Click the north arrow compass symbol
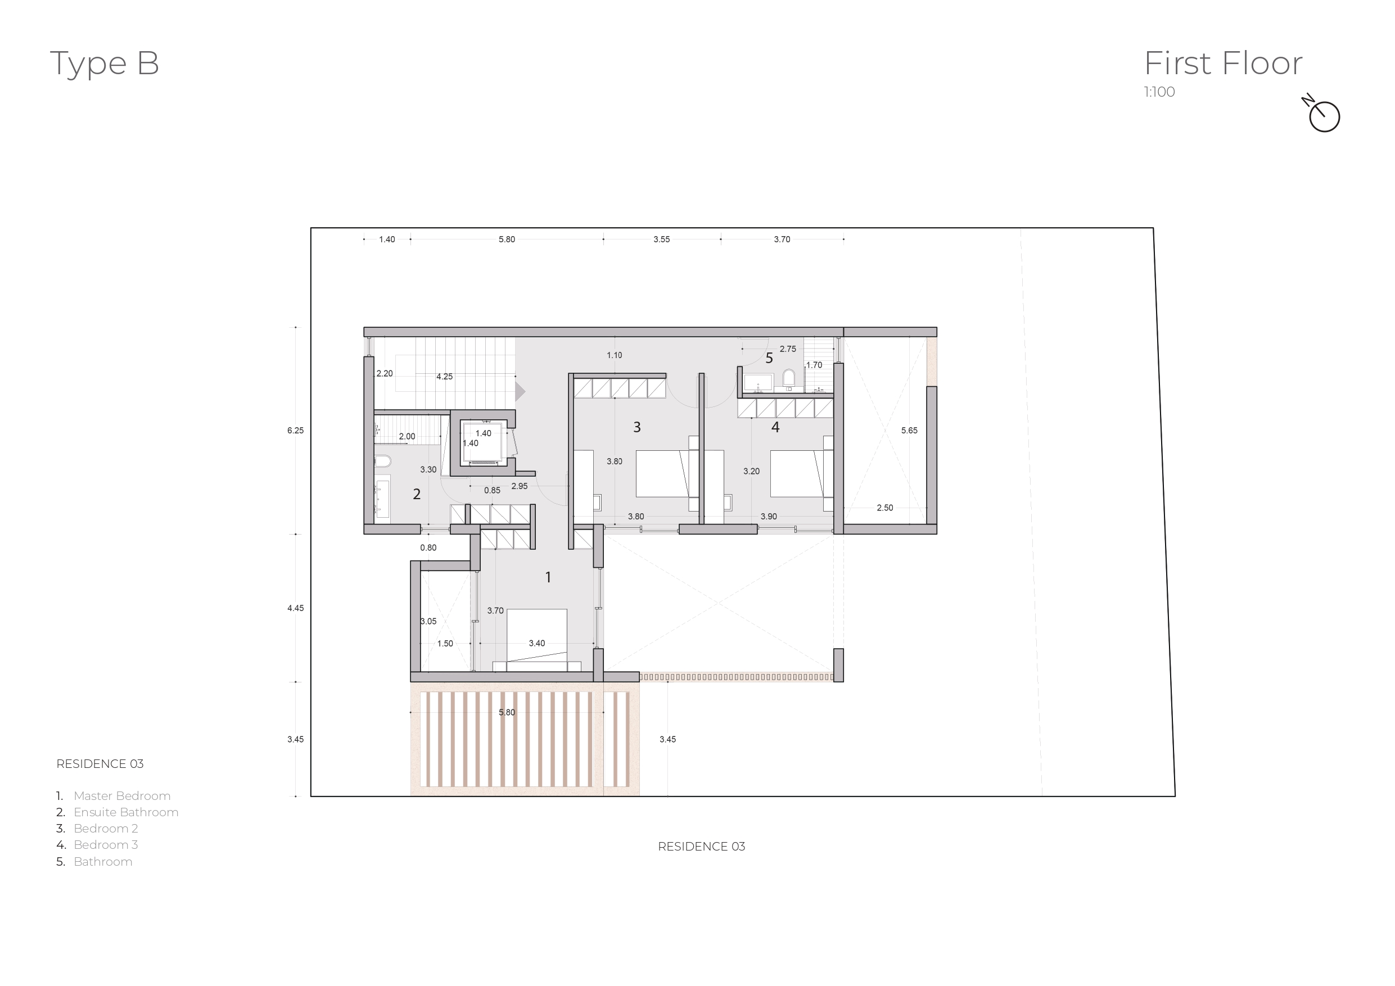[1323, 115]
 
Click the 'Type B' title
[105, 63]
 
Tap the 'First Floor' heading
[1222, 63]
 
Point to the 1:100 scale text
[1159, 92]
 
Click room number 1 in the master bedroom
[548, 577]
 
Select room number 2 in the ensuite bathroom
[417, 494]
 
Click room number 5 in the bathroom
[769, 359]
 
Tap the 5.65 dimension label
[909, 430]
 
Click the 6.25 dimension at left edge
[295, 430]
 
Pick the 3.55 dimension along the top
[661, 239]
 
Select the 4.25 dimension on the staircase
[444, 377]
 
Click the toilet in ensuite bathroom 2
[382, 461]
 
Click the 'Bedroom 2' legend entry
[106, 828]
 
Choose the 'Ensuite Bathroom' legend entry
[126, 812]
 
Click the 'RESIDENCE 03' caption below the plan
[701, 846]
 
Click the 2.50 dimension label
[884, 508]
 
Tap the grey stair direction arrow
[520, 391]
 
